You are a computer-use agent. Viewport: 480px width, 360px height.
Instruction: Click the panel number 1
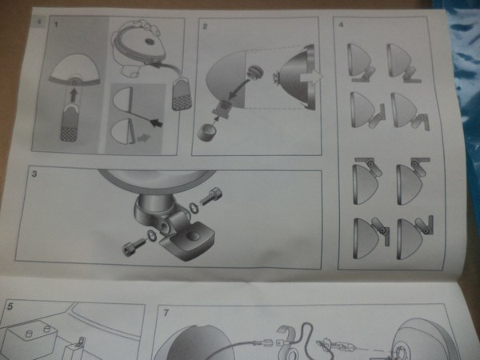tap(56, 24)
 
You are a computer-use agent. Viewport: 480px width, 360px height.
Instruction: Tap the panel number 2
tap(205, 26)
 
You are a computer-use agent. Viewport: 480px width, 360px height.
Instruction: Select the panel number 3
tap(34, 174)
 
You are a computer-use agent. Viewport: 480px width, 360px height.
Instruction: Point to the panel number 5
tap(10, 306)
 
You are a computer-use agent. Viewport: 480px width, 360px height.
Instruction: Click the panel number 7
tap(166, 313)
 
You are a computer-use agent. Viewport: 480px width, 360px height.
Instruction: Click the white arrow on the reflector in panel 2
tap(310, 78)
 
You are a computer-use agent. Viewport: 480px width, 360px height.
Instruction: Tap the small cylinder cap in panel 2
tap(206, 134)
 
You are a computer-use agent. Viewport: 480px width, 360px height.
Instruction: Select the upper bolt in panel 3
tap(211, 197)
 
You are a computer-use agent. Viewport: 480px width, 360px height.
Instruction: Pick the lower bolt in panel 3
tap(134, 246)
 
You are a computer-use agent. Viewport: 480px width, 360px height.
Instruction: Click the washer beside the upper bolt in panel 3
tap(194, 207)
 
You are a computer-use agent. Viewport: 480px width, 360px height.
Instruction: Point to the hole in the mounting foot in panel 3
tap(192, 235)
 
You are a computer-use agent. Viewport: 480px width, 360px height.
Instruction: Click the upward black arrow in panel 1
tap(73, 95)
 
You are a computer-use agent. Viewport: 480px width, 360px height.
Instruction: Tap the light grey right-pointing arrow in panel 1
tap(143, 138)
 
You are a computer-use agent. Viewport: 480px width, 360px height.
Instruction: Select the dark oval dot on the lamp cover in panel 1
tap(150, 42)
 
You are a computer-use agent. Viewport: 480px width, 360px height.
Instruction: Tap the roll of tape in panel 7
tap(288, 342)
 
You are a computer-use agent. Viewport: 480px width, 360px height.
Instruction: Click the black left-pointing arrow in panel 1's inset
tap(157, 123)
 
